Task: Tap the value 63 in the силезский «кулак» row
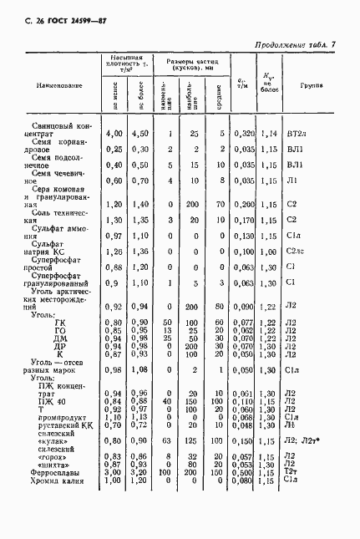click(x=169, y=440)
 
